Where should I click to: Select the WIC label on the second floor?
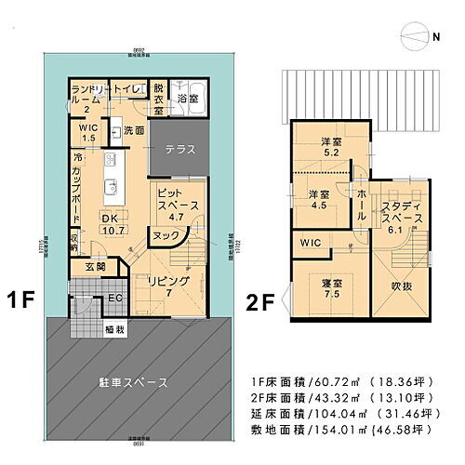click(x=311, y=243)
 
